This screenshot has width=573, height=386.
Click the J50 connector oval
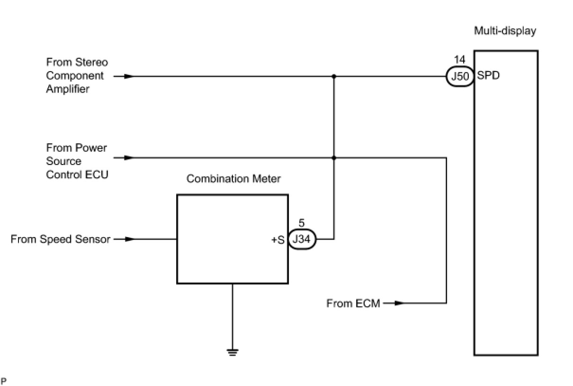click(460, 76)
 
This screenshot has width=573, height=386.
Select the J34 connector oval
click(302, 239)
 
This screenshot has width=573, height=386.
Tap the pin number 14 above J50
click(459, 60)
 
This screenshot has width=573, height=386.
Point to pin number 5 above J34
click(302, 223)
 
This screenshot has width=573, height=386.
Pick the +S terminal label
click(278, 240)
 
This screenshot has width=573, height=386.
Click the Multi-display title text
click(505, 31)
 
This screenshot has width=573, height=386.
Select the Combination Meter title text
click(233, 179)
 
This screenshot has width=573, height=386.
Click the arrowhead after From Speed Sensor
click(129, 239)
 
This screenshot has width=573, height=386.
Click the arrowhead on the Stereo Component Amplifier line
click(129, 76)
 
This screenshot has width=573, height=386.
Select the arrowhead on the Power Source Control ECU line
click(129, 158)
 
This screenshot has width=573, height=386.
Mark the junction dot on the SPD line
click(334, 76)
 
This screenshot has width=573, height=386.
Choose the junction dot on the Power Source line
click(334, 158)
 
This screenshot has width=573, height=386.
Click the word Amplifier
click(68, 89)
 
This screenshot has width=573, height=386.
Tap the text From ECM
click(353, 303)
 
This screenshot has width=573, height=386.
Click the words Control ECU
click(77, 175)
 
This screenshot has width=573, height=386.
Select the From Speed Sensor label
click(60, 239)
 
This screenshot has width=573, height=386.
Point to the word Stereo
click(91, 63)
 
